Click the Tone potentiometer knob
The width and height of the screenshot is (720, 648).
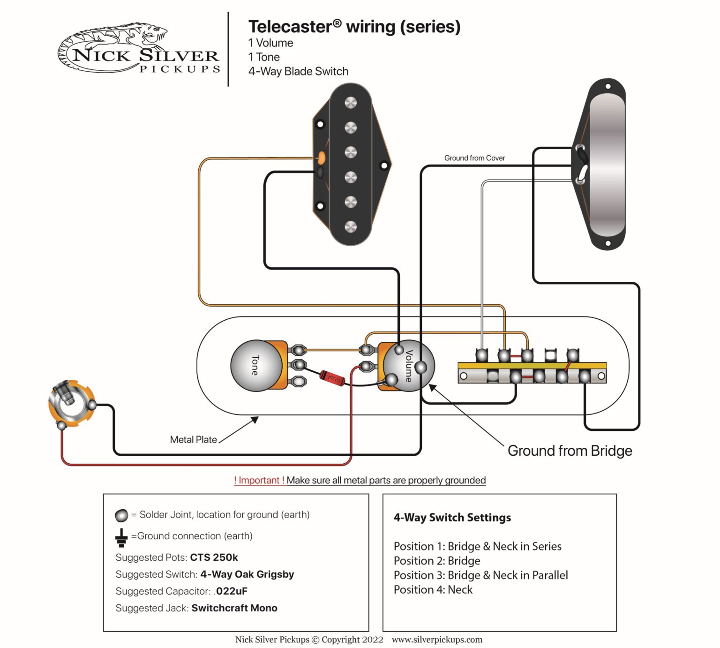tap(255, 365)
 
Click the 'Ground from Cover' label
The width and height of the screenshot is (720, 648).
tap(474, 158)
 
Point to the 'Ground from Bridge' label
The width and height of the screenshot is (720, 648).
tap(570, 451)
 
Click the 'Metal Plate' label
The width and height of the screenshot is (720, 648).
tap(193, 439)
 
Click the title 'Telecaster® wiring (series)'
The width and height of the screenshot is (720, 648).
tap(354, 27)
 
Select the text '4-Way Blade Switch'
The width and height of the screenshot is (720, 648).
tap(298, 71)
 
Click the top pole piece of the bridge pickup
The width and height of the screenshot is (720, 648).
tap(351, 103)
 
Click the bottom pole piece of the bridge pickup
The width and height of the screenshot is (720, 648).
tap(351, 227)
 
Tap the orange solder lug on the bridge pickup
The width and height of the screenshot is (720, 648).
tap(322, 157)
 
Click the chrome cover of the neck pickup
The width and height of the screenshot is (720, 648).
tap(607, 164)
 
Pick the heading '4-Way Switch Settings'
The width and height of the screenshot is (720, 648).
tap(452, 517)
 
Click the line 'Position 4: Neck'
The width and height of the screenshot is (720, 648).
tap(433, 589)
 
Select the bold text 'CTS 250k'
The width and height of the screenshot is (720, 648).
tap(214, 557)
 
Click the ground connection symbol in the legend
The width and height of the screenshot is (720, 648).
tap(121, 537)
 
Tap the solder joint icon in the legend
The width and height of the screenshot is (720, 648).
tap(121, 515)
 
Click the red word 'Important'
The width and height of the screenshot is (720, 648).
tap(259, 480)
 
